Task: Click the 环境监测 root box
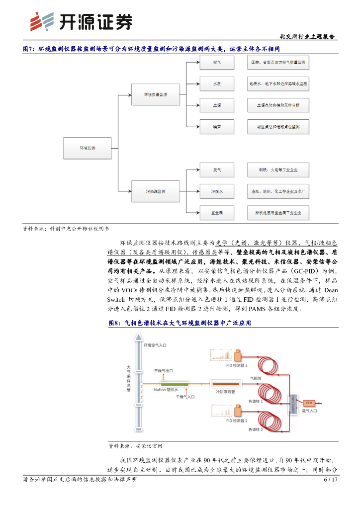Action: (88, 148)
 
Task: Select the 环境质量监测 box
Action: (156, 94)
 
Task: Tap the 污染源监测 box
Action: (156, 191)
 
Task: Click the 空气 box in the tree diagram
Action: (217, 63)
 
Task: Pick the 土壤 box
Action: (217, 105)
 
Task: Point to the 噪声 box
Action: (217, 127)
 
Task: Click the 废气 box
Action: (217, 170)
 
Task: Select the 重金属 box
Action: (217, 213)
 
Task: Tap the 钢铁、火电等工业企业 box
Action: (278, 170)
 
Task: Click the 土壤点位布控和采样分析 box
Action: (278, 105)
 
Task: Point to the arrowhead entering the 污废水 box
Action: (197, 191)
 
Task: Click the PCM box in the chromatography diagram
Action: (309, 402)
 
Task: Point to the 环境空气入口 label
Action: (155, 344)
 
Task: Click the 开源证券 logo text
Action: (95, 22)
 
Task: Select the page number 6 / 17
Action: (331, 480)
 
